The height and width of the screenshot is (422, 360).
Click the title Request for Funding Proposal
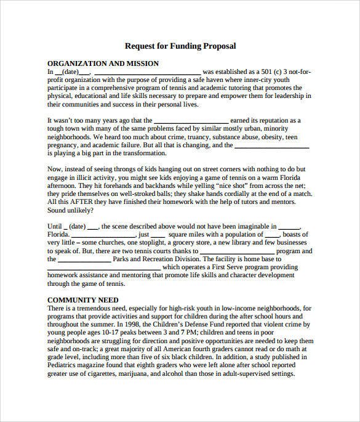[180, 46]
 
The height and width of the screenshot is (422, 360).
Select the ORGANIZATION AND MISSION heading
[103, 63]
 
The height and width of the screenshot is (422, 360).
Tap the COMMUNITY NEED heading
[83, 300]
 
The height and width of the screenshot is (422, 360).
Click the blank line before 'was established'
[147, 72]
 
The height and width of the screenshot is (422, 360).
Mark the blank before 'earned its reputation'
[190, 121]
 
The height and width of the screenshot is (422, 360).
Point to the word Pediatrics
[65, 365]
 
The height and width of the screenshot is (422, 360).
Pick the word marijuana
[149, 373]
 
